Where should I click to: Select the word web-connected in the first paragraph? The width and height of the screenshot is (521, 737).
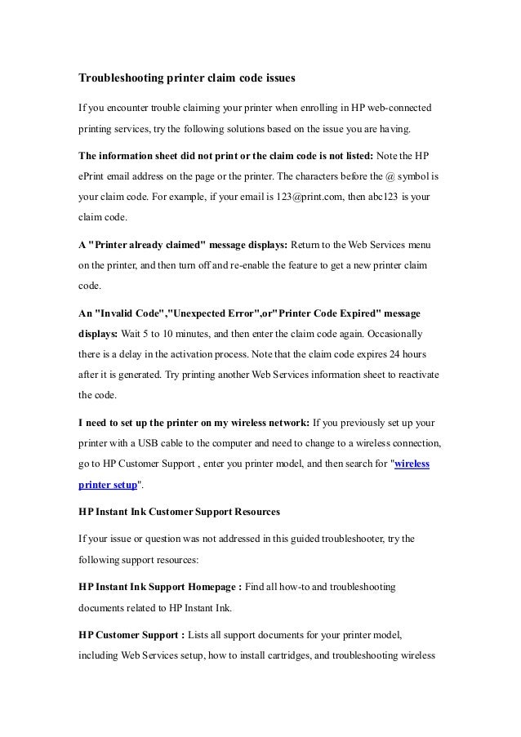pos(392,108)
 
